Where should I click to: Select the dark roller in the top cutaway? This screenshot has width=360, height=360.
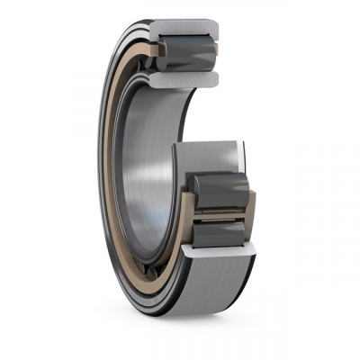click(x=185, y=55)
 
